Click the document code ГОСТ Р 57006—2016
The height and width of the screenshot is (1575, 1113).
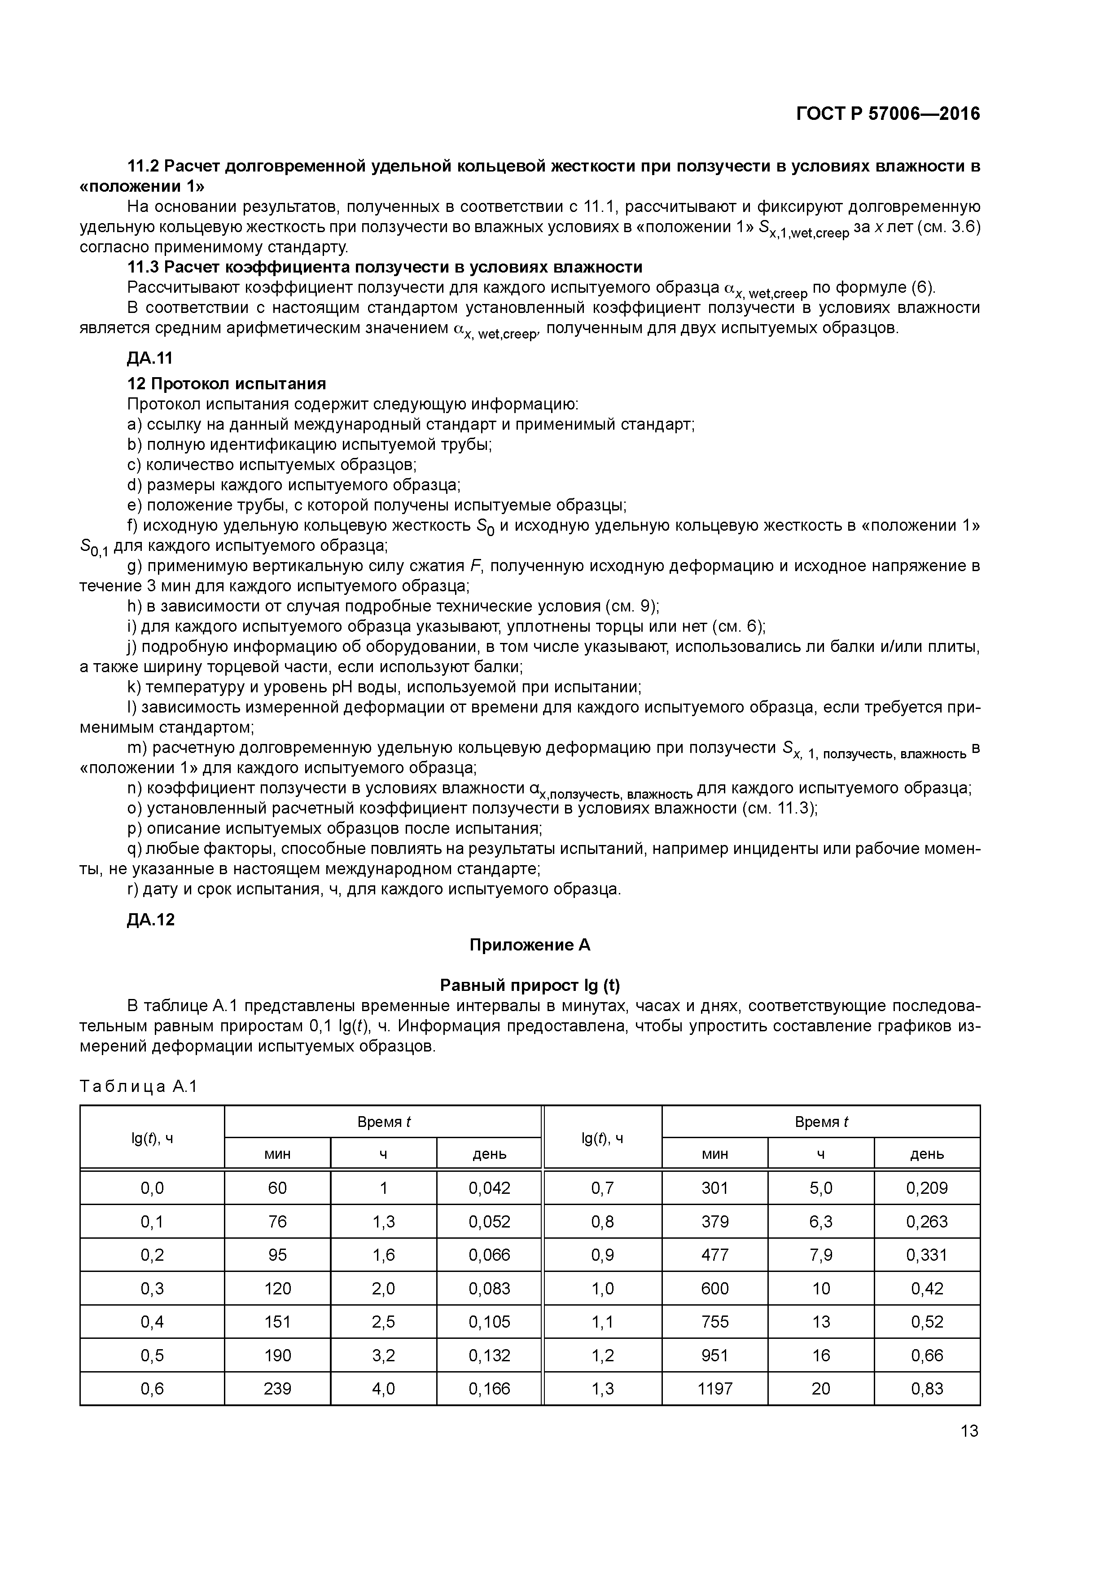coord(888,114)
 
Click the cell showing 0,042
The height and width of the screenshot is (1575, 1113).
coord(489,1188)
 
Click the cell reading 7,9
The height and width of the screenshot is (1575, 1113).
coord(821,1254)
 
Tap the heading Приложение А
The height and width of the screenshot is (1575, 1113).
coord(530,945)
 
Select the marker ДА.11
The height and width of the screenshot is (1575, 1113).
coord(150,358)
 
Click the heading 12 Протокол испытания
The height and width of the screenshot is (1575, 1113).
coord(226,383)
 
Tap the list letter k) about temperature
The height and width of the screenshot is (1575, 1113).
coord(134,687)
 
